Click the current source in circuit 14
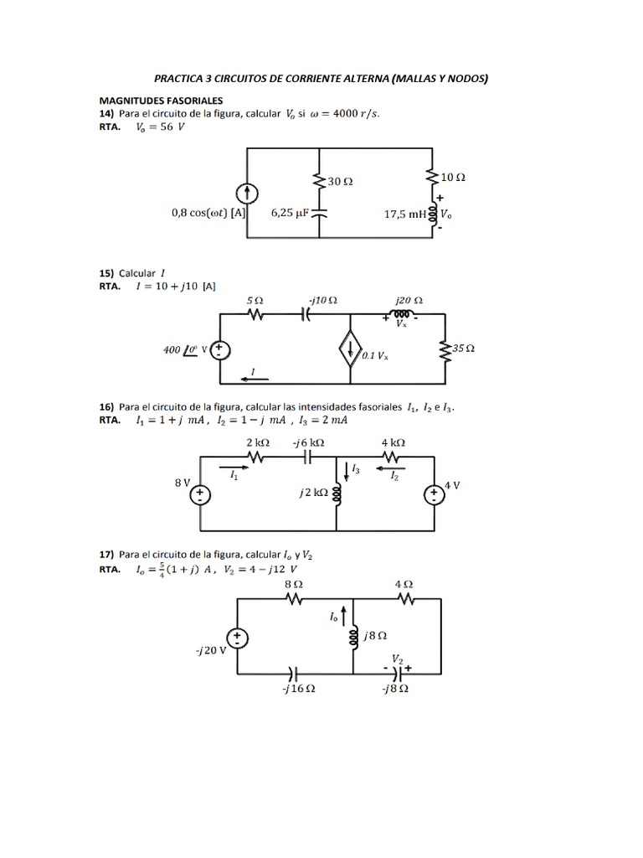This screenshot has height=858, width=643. (x=247, y=194)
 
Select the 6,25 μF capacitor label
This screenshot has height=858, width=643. (x=291, y=213)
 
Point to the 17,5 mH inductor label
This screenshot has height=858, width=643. (x=405, y=214)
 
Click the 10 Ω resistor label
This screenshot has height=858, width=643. (x=453, y=178)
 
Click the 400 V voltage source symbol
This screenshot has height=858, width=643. (x=219, y=350)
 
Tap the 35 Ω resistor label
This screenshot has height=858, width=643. (x=463, y=348)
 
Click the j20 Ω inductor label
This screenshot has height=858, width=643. (x=409, y=299)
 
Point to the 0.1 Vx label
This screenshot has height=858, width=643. (x=376, y=356)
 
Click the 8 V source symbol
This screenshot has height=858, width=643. (x=201, y=495)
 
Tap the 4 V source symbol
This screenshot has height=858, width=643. (x=434, y=495)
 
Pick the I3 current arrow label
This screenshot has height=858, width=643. (x=356, y=469)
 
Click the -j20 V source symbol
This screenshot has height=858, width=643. (x=238, y=639)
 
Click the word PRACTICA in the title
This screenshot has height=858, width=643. (x=183, y=79)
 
